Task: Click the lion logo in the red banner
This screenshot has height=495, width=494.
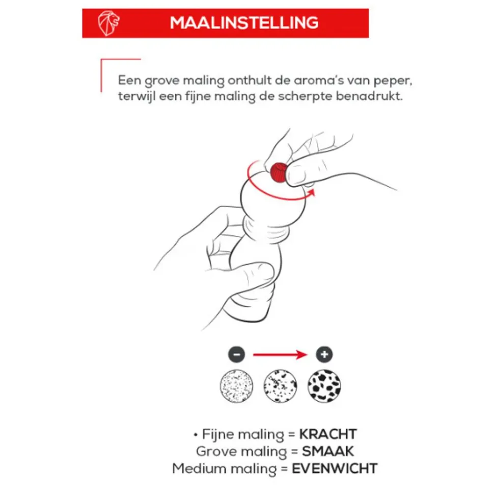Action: [108, 23]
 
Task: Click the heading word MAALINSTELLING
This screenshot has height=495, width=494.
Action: [244, 23]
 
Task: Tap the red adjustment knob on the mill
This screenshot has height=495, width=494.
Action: [279, 172]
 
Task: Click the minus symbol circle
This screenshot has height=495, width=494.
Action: [237, 354]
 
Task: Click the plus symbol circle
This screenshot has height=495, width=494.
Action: [324, 354]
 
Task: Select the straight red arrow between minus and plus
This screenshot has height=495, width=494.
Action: [280, 354]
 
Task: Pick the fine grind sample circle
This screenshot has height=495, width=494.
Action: [237, 386]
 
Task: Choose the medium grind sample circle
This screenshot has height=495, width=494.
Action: [280, 386]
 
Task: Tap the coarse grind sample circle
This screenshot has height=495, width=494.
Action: [324, 386]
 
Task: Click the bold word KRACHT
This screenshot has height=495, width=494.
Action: [328, 434]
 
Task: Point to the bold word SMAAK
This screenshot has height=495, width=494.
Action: [328, 452]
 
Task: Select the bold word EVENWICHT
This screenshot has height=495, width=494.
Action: [335, 469]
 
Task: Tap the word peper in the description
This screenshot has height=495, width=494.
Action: [393, 81]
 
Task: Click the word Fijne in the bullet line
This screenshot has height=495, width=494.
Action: [215, 435]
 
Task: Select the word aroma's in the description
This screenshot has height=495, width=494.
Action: [319, 81]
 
